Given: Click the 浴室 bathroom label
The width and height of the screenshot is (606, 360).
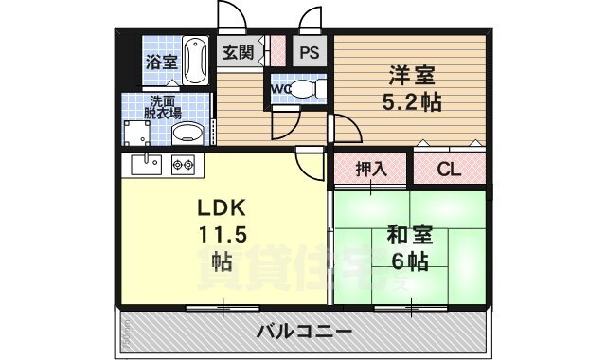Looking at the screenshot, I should click(x=161, y=63).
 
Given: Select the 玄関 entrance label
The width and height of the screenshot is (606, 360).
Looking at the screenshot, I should click(x=239, y=53).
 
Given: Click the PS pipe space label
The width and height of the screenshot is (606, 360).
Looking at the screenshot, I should click(x=310, y=54).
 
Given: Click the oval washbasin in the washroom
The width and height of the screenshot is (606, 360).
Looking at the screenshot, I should click(x=189, y=133).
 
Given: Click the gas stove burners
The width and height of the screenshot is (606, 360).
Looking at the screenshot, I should click(x=183, y=167).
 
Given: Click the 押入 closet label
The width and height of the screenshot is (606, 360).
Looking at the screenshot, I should click(x=370, y=170).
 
